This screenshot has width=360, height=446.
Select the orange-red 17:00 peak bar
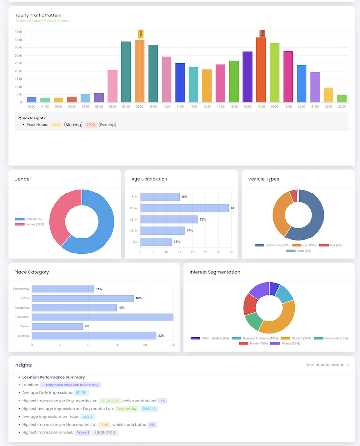coord(261,70)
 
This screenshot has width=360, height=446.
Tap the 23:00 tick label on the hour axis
coord(342,106)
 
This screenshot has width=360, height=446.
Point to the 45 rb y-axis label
coord(18,32)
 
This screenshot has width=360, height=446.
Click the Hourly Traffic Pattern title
coord(38,15)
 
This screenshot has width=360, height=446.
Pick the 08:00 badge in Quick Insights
coord(56,125)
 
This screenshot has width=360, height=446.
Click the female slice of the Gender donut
coord(60,213)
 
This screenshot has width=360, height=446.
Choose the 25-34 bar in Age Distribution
coord(184,208)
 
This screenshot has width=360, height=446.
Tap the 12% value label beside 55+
coord(177,242)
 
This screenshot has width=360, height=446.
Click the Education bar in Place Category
coord(102,317)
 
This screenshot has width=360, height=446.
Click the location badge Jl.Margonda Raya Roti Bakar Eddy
coord(70,385)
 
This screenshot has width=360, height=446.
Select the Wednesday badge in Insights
coord(126,409)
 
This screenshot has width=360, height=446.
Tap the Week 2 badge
coord(82,432)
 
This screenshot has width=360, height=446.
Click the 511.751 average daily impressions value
coord(81,393)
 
